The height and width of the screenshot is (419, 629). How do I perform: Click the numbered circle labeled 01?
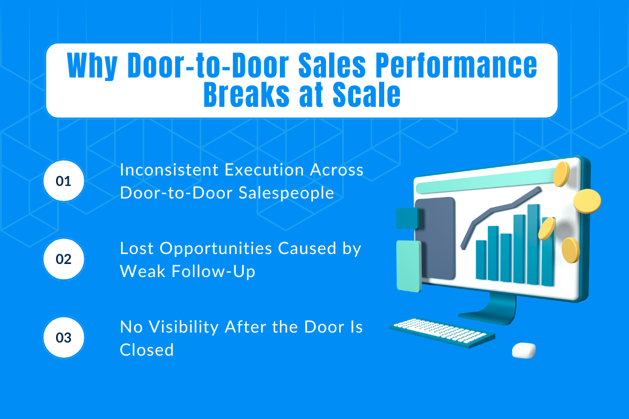click(64, 181)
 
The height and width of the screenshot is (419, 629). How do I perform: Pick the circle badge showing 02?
click(64, 259)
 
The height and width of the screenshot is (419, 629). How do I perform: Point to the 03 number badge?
click(64, 338)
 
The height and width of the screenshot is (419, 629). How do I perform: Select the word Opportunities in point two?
click(215, 248)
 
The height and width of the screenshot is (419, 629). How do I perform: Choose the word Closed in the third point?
click(147, 349)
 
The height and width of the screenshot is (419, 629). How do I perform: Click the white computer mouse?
click(524, 350)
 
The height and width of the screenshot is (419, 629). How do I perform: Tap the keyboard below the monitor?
click(441, 330)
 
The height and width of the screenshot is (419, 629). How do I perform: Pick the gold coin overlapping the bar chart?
click(547, 229)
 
